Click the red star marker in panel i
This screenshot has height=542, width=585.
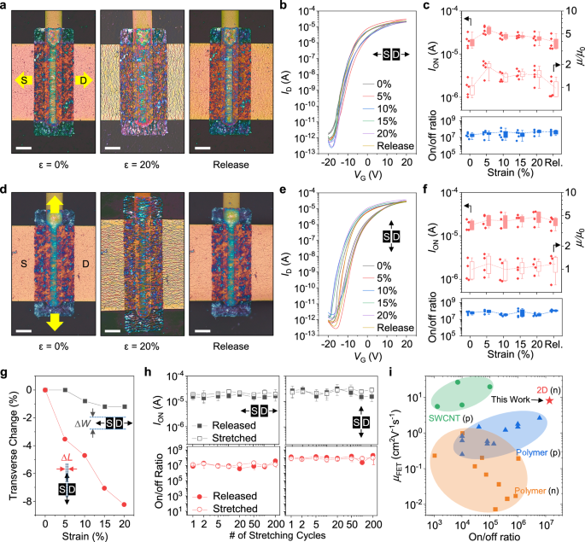[551, 399]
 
